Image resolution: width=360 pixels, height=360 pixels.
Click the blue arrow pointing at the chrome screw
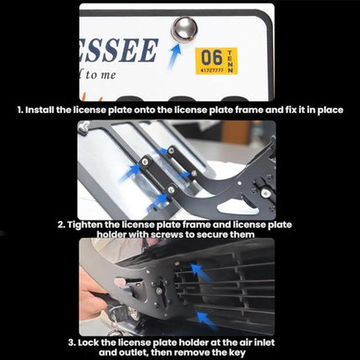176,56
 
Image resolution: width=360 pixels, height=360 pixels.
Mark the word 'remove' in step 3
202,352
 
